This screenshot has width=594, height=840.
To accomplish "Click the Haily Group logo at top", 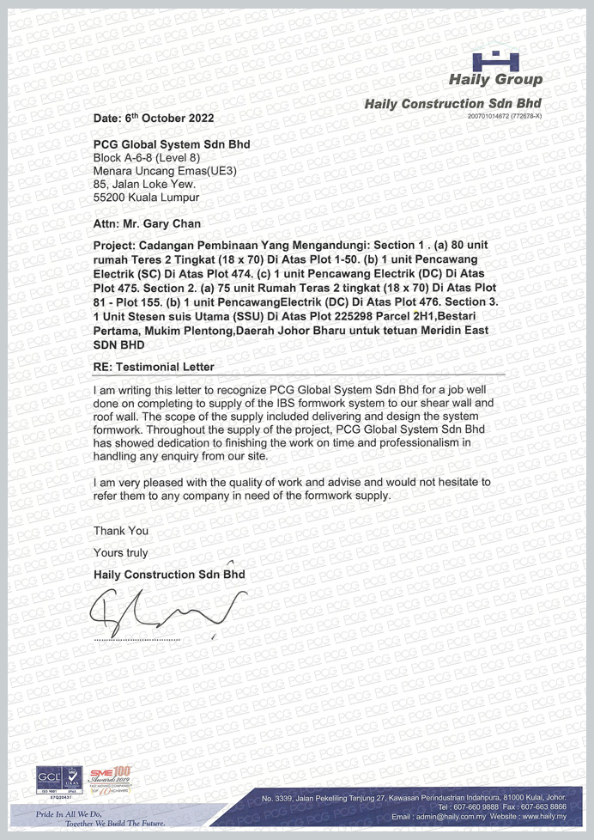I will pyautogui.click(x=497, y=70).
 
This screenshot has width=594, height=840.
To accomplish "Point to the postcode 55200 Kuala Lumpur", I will pyautogui.click(x=146, y=197).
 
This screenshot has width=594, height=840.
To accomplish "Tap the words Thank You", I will pyautogui.click(x=120, y=531).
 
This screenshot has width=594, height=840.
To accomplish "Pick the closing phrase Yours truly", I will pyautogui.click(x=119, y=552).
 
